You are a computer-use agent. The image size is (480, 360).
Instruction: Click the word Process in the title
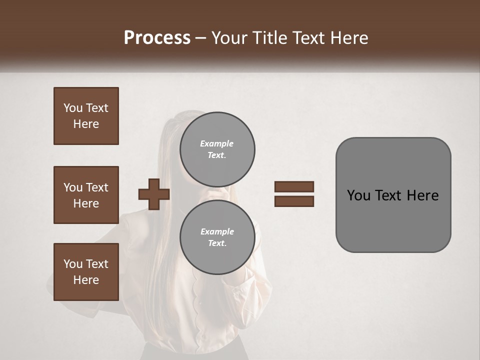[x=157, y=37]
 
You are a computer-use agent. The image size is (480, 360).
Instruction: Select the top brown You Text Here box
[x=86, y=116]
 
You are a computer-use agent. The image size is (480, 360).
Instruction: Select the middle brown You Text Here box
[x=86, y=195]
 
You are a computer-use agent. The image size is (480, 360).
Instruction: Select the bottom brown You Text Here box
[x=86, y=272]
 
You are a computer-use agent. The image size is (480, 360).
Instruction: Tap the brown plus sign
[x=154, y=194]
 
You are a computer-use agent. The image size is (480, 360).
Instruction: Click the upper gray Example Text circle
[x=217, y=149]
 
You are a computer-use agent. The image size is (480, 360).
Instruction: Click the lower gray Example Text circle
[x=217, y=237]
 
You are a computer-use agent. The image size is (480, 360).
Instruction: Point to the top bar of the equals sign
[x=294, y=186]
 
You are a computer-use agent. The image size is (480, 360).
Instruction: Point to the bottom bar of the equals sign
[x=294, y=201]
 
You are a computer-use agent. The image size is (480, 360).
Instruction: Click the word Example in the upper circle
[x=216, y=143]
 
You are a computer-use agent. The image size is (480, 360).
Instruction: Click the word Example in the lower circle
[x=217, y=231]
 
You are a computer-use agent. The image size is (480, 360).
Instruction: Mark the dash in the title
[x=200, y=38]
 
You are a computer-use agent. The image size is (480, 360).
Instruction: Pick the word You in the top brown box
[x=73, y=108]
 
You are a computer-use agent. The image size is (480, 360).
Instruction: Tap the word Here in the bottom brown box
[x=86, y=280]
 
